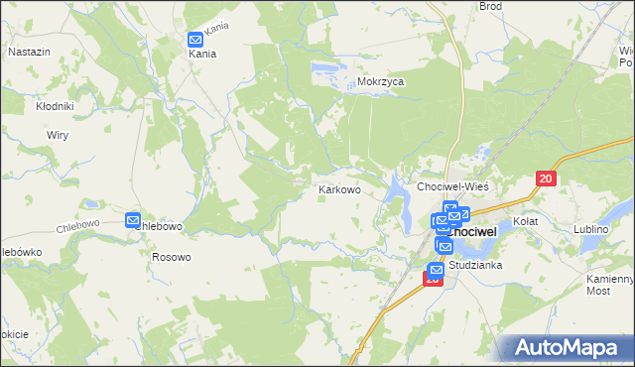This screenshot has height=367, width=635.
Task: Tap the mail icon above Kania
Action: [195, 40]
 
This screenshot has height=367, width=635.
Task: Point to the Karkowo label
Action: [338, 187]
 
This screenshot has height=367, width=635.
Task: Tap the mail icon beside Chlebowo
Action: [134, 220]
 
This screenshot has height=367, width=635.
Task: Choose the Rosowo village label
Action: [171, 256]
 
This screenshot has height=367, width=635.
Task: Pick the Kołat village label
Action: [524, 221]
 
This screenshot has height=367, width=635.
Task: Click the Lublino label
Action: [591, 229]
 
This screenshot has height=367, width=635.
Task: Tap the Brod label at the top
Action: [490, 6]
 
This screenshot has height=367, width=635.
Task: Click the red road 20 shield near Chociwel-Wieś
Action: [546, 179]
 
